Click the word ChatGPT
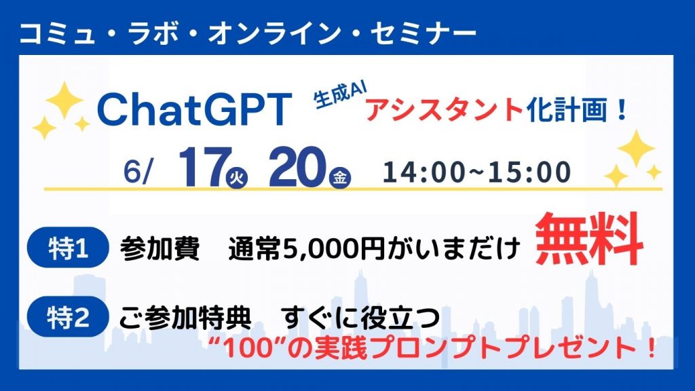(194, 109)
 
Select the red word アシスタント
(445, 109)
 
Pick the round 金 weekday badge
(340, 179)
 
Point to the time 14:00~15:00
(476, 172)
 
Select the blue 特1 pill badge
(68, 248)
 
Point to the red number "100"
(249, 348)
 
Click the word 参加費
(159, 248)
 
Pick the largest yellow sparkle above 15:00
(636, 149)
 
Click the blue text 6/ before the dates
(138, 172)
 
